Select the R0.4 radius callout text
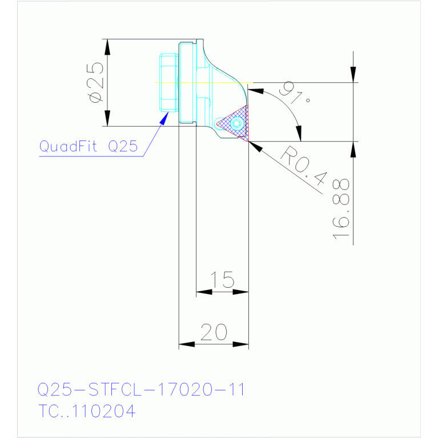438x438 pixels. tap(304, 166)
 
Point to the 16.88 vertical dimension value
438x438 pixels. tap(341, 209)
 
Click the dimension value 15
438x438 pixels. tap(222, 279)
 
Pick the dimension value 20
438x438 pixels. tap(214, 332)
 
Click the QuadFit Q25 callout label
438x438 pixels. tap(89, 146)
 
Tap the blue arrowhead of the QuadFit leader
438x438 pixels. tap(164, 118)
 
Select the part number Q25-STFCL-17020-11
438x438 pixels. tap(141, 389)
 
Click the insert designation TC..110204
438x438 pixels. tap(87, 411)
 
